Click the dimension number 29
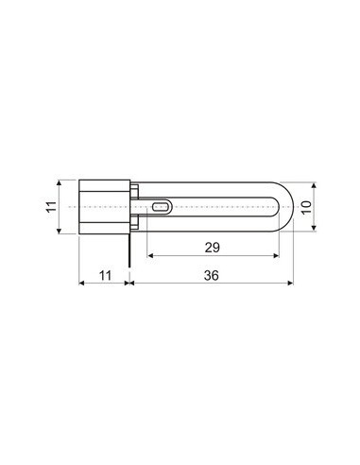click(x=214, y=248)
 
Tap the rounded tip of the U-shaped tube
click(x=288, y=205)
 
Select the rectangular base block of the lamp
click(x=103, y=205)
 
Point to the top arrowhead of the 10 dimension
click(x=315, y=186)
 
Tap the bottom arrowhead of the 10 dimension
click(x=315, y=225)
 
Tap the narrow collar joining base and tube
click(x=137, y=205)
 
